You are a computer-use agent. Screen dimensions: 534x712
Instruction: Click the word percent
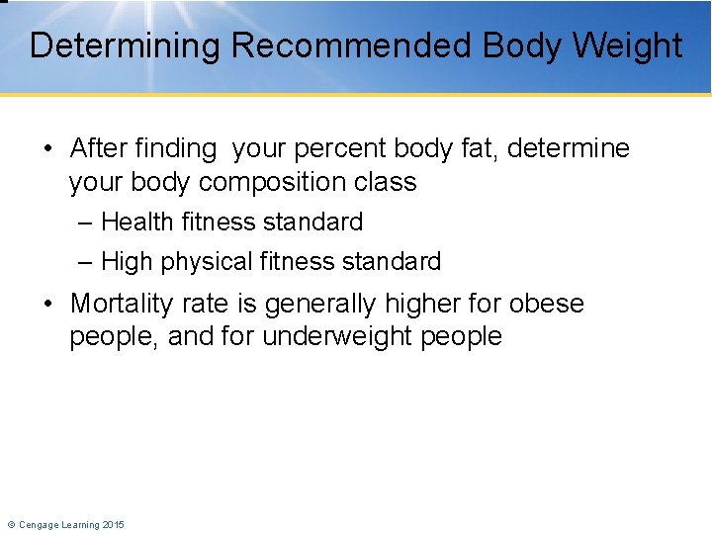335,148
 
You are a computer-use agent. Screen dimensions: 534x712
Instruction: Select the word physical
205,262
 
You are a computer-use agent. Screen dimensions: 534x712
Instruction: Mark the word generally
330,303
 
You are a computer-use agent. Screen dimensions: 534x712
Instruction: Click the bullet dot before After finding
48,149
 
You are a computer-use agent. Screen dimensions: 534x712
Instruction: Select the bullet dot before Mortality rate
48,304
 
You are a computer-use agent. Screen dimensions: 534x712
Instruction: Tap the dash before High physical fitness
85,262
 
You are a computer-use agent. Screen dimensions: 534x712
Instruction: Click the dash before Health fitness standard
85,222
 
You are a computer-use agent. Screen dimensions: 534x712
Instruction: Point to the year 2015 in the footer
113,524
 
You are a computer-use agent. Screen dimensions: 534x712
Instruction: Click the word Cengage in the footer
39,524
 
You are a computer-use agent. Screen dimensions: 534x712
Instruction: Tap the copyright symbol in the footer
10,524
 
